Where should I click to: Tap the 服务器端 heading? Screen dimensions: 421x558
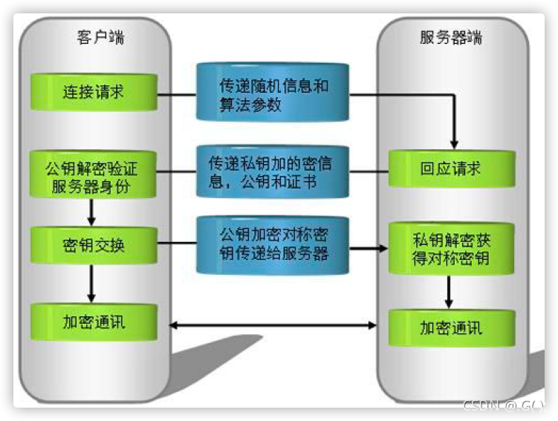coord(451,36)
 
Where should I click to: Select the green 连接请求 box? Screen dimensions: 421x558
coord(94,93)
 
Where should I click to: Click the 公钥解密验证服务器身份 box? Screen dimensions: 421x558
coord(94,175)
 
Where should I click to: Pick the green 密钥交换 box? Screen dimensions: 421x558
coord(94,245)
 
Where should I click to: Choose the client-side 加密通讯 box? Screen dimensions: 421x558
coord(94,322)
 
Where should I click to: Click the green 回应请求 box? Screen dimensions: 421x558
coord(451,169)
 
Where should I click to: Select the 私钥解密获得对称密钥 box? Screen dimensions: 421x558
coord(451,250)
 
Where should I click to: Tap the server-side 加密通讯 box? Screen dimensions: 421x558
coord(451,327)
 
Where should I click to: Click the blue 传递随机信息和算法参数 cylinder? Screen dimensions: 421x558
coord(273,94)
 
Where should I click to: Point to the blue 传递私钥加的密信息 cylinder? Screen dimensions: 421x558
coord(273,172)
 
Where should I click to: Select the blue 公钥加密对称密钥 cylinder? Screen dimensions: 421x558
coord(273,244)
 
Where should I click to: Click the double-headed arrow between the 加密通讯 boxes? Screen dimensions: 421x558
coord(273,325)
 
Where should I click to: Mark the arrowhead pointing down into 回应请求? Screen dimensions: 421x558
coord(455,143)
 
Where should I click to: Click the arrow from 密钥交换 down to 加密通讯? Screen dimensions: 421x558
coord(91,283)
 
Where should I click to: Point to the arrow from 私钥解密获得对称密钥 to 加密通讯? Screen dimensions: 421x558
coord(449,292)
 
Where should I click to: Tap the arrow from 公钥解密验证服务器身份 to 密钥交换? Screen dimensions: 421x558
coord(91,213)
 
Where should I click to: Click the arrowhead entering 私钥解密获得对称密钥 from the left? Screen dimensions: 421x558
coord(383,247)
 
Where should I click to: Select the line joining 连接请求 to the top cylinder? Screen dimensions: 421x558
coord(177,94)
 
